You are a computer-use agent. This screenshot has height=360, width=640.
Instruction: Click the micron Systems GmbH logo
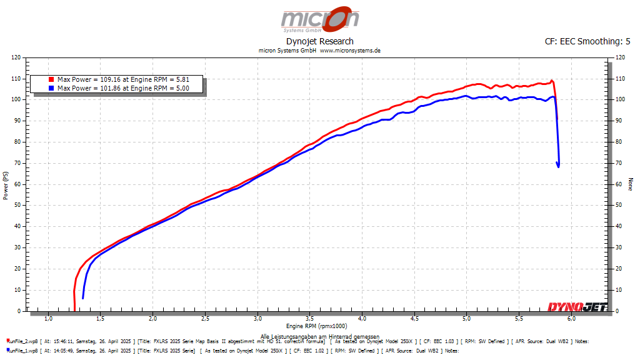319,19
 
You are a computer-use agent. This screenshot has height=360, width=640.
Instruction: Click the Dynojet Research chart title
319,41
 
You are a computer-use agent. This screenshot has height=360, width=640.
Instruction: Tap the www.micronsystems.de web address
350,50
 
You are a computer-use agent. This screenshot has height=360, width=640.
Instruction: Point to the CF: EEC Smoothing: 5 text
587,41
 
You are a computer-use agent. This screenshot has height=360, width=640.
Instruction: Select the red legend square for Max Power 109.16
52,80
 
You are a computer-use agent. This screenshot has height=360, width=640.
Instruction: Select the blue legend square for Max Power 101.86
52,88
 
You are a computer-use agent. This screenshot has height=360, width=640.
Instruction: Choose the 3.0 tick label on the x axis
257,319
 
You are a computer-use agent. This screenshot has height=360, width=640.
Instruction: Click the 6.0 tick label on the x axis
571,319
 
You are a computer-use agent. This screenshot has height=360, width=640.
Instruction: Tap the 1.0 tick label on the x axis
48,319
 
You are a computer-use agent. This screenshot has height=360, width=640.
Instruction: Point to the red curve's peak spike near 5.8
551,80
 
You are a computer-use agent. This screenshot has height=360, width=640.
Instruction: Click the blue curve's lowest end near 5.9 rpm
558,167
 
